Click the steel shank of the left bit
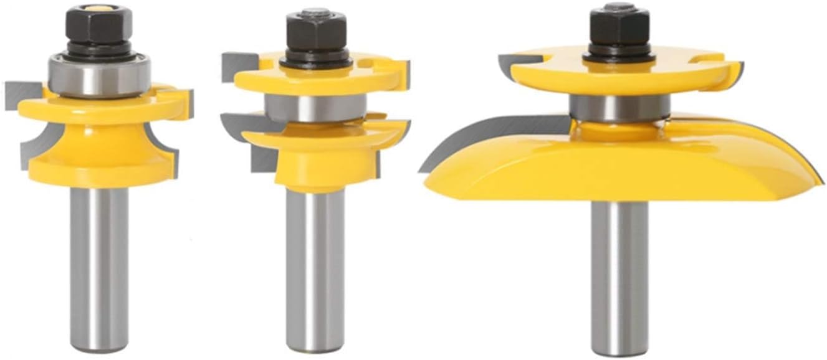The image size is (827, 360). (100, 262)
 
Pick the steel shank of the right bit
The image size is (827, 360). (619, 274)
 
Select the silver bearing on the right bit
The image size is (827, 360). (619, 108)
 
